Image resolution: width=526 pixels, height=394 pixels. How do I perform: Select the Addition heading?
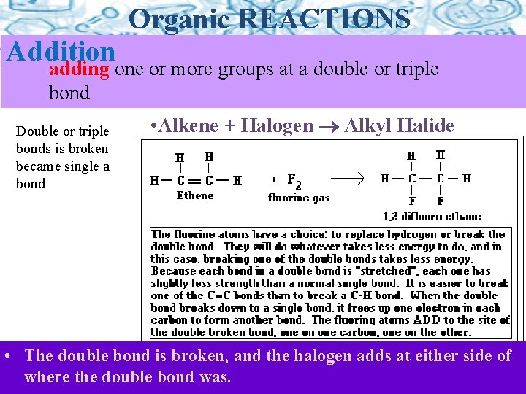61,51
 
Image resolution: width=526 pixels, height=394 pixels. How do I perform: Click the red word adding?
79,69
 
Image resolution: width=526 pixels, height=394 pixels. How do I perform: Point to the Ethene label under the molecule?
195,196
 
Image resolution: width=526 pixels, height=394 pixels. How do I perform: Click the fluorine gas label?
299,197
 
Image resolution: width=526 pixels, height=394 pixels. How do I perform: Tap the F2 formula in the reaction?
294,179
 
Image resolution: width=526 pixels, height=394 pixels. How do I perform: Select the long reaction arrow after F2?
348,177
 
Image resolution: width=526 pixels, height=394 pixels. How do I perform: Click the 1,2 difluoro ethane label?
432,216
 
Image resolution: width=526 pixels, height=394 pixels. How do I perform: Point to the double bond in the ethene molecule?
194,179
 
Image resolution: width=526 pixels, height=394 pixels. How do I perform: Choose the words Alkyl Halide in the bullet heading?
399,125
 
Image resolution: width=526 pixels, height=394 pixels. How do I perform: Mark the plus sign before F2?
274,179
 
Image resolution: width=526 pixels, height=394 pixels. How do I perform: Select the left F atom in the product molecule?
412,201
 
